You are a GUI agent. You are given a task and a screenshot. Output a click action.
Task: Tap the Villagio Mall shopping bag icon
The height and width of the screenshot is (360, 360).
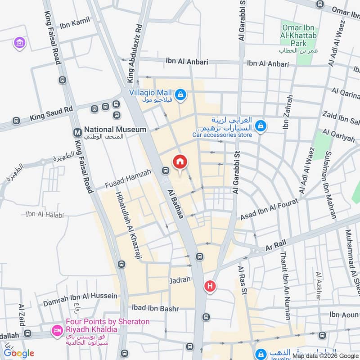180,94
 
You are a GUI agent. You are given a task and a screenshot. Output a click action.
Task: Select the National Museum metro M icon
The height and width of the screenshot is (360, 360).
77,132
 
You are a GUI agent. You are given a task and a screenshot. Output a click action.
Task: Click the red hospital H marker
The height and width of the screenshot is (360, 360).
209,286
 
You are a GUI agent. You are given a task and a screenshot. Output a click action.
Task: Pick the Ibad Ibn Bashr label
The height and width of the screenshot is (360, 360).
155,309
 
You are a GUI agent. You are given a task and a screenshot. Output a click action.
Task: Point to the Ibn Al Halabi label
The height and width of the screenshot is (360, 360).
45,214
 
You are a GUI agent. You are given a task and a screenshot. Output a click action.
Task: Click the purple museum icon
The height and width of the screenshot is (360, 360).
20,43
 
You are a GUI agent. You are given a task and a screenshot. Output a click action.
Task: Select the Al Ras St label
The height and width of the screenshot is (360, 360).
243,279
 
